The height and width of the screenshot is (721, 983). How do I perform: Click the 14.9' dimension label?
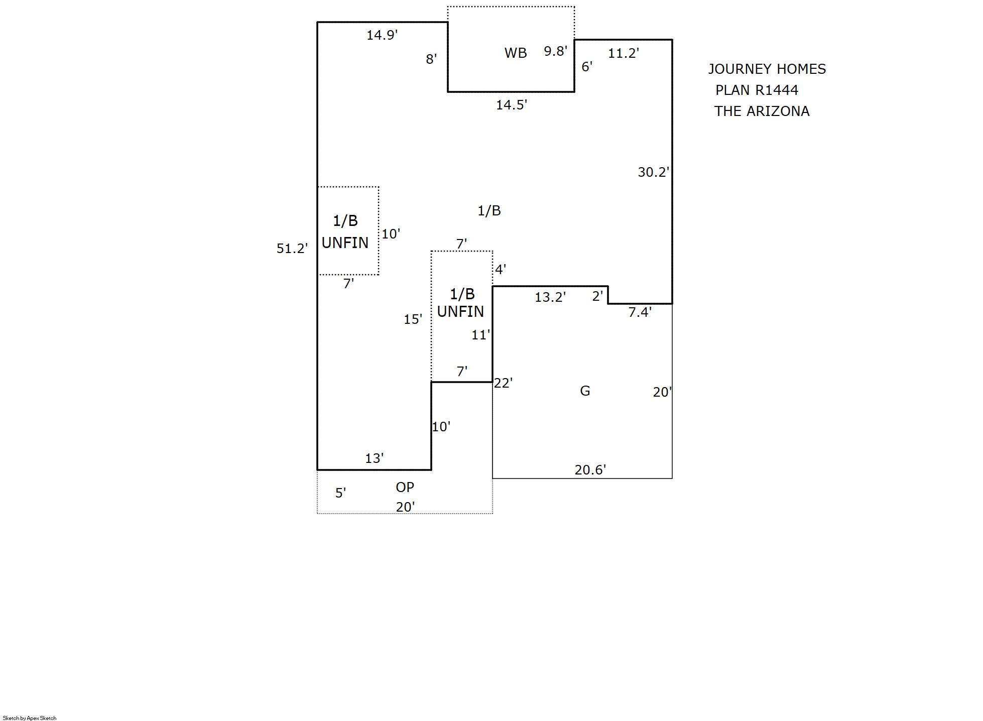(x=382, y=35)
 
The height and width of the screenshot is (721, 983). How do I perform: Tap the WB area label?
(x=516, y=53)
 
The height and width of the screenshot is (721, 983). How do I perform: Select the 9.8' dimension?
(x=555, y=51)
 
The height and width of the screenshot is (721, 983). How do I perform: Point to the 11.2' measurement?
(x=623, y=53)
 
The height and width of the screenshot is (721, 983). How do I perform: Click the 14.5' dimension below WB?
(x=511, y=105)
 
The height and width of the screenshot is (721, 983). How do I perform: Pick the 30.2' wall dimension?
(x=653, y=172)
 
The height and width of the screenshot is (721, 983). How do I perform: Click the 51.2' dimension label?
(x=292, y=249)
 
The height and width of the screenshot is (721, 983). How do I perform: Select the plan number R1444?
(x=777, y=90)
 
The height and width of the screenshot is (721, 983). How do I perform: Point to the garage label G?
(x=585, y=391)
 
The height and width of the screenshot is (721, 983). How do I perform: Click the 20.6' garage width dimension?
(x=590, y=470)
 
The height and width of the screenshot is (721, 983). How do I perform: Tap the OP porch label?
(x=405, y=487)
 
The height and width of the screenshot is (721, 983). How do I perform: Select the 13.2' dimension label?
(x=550, y=297)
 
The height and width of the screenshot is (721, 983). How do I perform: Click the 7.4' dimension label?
(x=640, y=312)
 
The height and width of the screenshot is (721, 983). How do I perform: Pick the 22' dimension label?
(x=503, y=383)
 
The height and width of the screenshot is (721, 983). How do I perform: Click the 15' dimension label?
(x=413, y=319)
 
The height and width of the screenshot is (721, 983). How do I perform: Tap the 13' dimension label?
(x=374, y=458)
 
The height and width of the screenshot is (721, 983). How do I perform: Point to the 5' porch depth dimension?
(x=340, y=493)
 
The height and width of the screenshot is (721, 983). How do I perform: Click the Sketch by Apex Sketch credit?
(x=30, y=718)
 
